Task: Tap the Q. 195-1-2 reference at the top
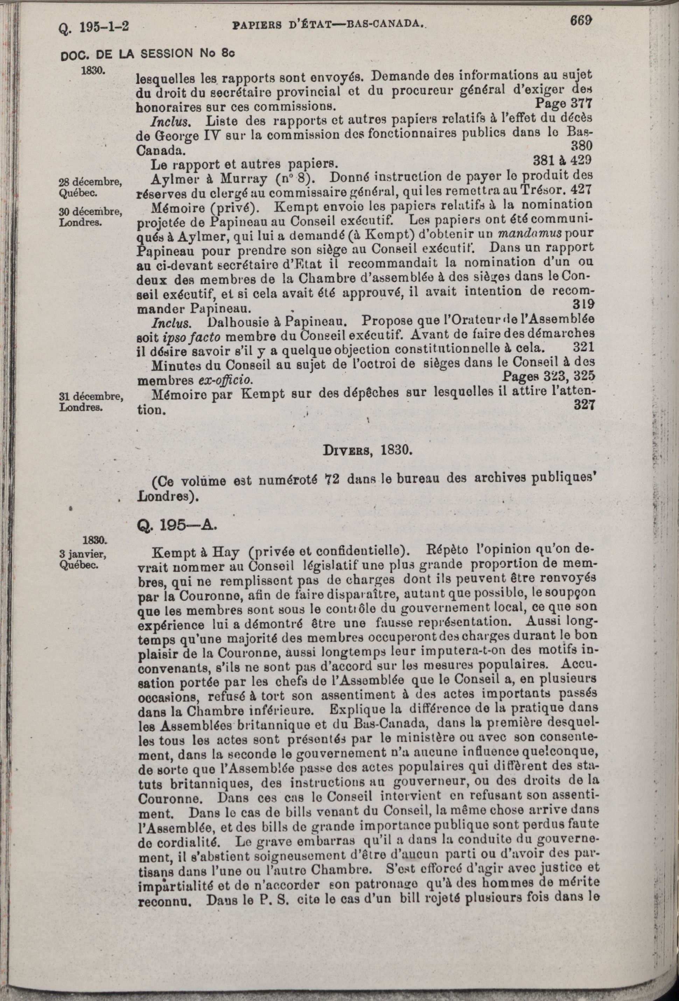click(x=94, y=29)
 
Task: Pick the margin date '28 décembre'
click(x=90, y=182)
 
